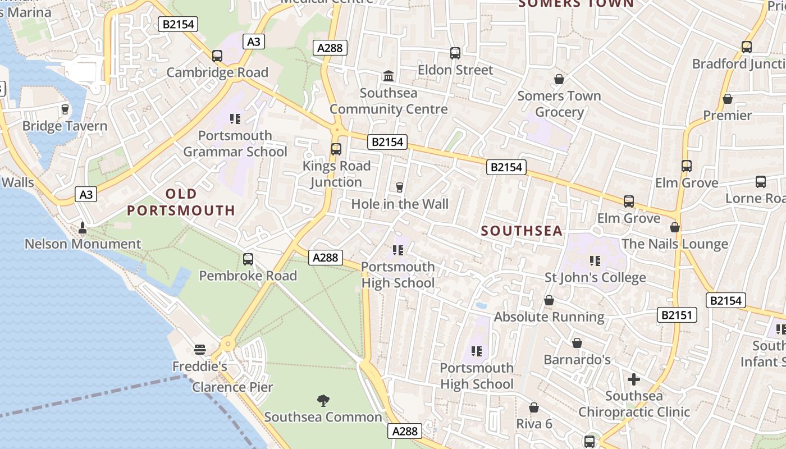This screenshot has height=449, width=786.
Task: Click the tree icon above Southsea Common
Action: tap(323, 400)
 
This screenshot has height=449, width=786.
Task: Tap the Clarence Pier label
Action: tap(232, 387)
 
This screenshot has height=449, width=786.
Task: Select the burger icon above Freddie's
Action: tap(199, 350)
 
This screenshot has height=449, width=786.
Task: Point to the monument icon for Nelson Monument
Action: tap(83, 227)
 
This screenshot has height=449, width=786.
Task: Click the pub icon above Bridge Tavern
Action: tap(65, 109)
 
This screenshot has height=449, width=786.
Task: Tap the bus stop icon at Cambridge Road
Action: tap(217, 56)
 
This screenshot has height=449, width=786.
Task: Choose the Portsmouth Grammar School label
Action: tap(235, 144)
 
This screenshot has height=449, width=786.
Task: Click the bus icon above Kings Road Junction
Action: tap(336, 149)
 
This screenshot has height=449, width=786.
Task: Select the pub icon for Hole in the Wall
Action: tap(400, 187)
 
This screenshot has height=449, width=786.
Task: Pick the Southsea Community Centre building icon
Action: tap(388, 76)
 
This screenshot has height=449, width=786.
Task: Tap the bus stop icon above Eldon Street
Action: tap(455, 53)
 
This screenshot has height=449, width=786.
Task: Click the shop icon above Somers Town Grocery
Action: tap(559, 79)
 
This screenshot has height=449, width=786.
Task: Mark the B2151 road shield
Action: tap(677, 315)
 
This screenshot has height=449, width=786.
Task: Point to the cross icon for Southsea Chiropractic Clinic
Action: tap(634, 379)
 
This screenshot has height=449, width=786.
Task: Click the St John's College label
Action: tap(595, 278)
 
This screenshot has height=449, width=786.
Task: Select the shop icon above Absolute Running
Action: tap(549, 300)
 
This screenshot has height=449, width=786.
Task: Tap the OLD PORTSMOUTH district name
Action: tap(181, 202)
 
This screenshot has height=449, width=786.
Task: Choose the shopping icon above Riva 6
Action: tap(534, 407)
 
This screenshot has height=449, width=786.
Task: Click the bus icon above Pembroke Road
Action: tap(248, 259)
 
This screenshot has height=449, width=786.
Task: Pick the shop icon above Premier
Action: tap(728, 99)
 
